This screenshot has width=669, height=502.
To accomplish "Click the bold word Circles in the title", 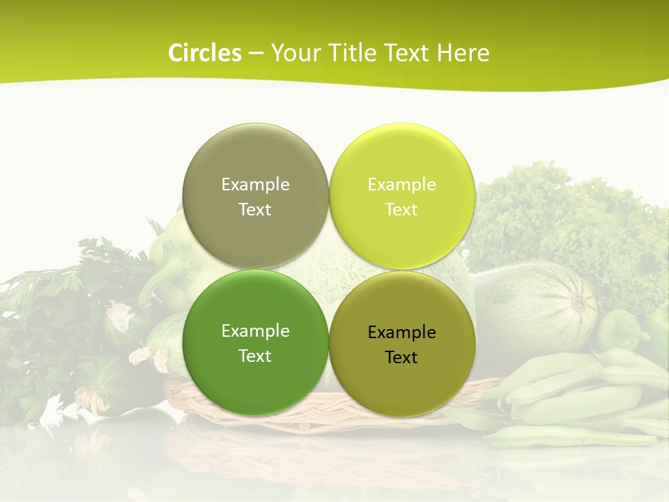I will click(204, 53).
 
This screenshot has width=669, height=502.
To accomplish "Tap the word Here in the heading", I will click(463, 53).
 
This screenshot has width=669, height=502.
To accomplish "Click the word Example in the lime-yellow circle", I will click(401, 185).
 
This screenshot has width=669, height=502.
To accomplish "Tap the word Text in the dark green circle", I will click(255, 356).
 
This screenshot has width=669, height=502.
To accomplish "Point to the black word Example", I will click(401, 333).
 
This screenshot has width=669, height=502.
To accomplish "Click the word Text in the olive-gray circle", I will click(255, 210).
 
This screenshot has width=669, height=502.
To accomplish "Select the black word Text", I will click(401, 358).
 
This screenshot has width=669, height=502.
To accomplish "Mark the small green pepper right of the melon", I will click(620, 329).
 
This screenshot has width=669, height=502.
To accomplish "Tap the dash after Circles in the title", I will click(256, 54).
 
